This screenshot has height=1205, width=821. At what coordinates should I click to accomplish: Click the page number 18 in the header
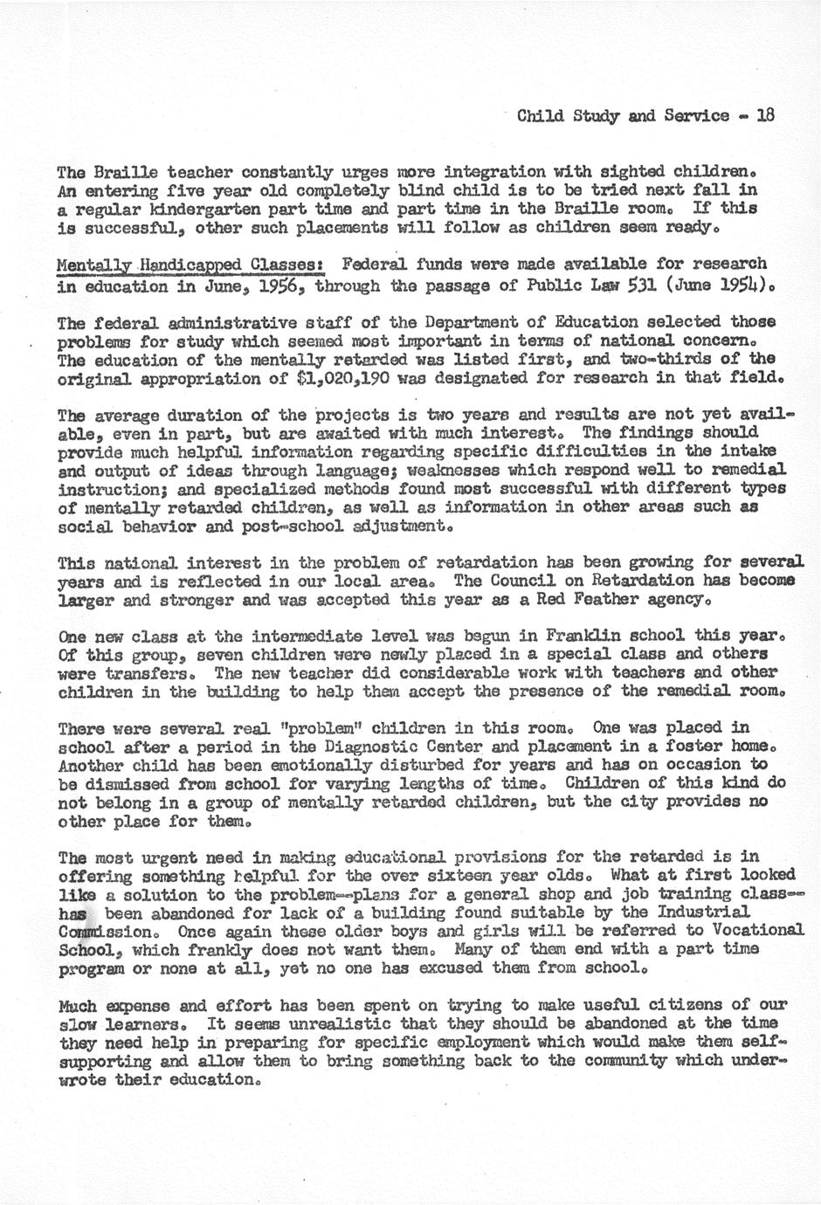[766, 115]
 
